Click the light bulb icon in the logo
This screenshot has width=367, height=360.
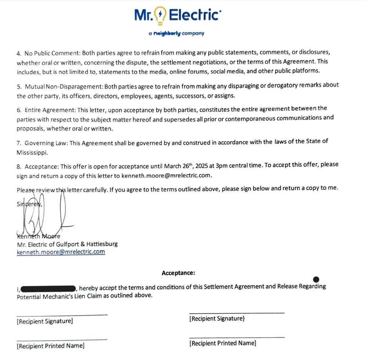click(160, 16)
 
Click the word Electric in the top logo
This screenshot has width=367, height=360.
click(194, 15)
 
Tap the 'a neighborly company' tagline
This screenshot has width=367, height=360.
click(176, 33)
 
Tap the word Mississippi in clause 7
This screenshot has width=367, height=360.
click(32, 153)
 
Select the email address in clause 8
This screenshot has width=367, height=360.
click(166, 175)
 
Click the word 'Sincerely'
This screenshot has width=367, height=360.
click(29, 204)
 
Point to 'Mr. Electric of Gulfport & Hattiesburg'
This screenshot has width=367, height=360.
click(67, 244)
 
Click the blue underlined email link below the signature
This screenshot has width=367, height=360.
click(61, 252)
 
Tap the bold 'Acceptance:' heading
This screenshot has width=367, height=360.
click(178, 273)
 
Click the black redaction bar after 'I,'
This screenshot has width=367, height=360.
click(48, 288)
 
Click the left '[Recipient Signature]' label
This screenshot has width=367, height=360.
click(45, 322)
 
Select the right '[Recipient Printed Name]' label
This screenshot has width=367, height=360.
click(223, 343)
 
